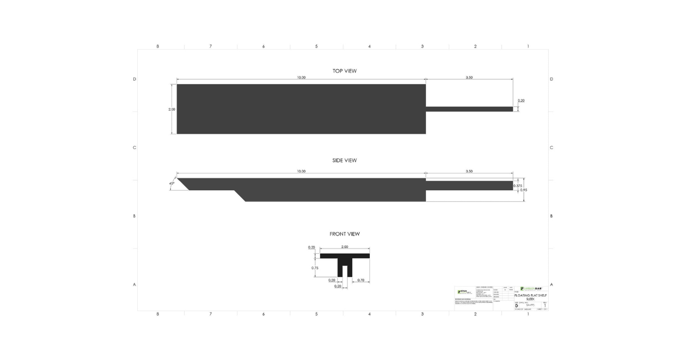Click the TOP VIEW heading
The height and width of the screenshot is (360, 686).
[x=345, y=71]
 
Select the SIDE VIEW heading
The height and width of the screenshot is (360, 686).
[x=344, y=161]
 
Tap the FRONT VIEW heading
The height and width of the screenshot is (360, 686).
[x=344, y=234]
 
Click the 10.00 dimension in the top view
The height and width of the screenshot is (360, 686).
[x=301, y=77]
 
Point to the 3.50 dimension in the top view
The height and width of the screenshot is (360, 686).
[x=469, y=77]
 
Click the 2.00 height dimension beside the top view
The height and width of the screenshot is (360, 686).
[x=171, y=109]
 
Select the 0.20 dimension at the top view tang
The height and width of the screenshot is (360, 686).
[x=521, y=101]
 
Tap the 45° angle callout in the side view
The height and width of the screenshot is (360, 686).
[x=171, y=183]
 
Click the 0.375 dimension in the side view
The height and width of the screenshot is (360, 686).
[x=518, y=186]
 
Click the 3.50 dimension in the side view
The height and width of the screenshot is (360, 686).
[x=469, y=171]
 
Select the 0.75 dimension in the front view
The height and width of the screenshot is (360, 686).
[x=314, y=267]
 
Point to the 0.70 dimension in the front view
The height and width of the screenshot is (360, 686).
[x=360, y=281]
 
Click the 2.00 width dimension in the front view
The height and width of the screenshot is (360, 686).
[x=344, y=247]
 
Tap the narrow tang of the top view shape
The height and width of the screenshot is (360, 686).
[x=469, y=109]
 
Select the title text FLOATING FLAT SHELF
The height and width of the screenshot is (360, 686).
[x=531, y=296]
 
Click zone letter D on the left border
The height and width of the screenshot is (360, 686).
[x=134, y=79]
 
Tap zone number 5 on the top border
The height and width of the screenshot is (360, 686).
[x=316, y=46]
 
